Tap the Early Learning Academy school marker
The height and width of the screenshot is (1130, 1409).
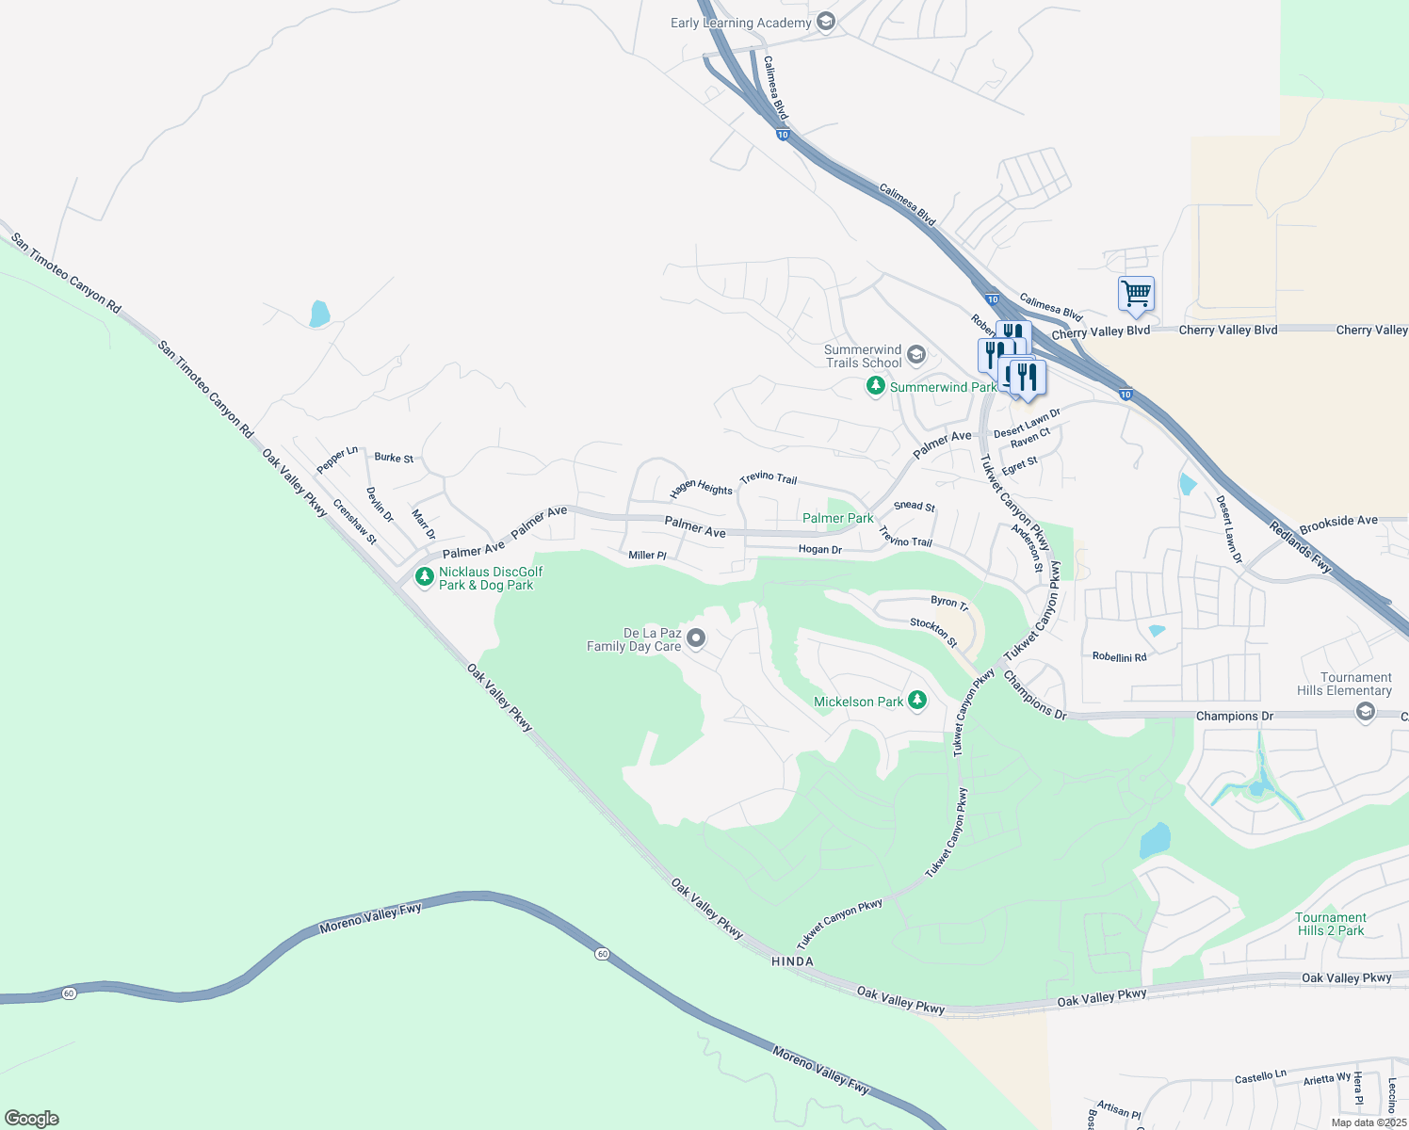point(826,22)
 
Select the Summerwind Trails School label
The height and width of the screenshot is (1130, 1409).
point(863,356)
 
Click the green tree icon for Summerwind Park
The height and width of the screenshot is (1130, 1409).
point(876,386)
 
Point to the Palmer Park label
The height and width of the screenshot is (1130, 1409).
point(837,518)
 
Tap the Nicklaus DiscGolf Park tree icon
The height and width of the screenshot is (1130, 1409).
point(425,575)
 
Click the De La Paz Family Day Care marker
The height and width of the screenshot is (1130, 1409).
point(696,638)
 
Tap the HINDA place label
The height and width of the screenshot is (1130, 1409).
point(791,961)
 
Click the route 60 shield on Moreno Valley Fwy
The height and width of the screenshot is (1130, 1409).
point(602,954)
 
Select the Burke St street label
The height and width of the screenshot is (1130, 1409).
point(394,458)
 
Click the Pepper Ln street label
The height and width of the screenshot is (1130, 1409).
point(337,460)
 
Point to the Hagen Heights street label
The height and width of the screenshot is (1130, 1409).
point(701,489)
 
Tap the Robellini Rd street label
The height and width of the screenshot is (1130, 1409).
point(1119,657)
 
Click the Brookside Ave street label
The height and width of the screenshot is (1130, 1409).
point(1337,521)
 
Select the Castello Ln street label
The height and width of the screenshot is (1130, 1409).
point(1260,1075)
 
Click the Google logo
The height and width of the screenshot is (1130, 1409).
point(32,1119)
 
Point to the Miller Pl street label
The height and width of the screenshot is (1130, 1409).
point(647,556)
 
